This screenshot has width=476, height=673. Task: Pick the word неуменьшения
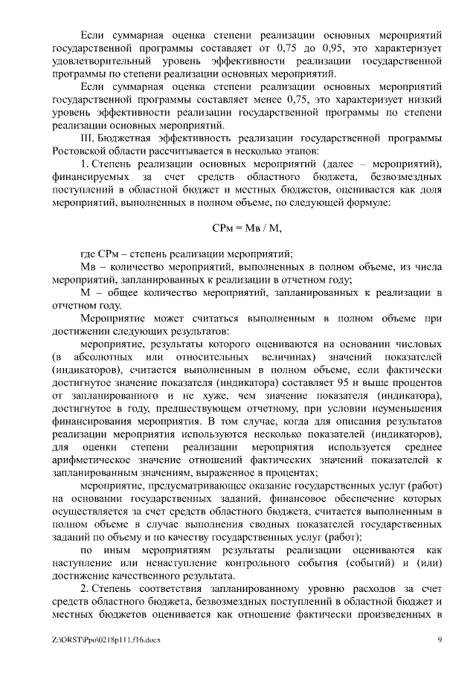pyautogui.click(x=395, y=408)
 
